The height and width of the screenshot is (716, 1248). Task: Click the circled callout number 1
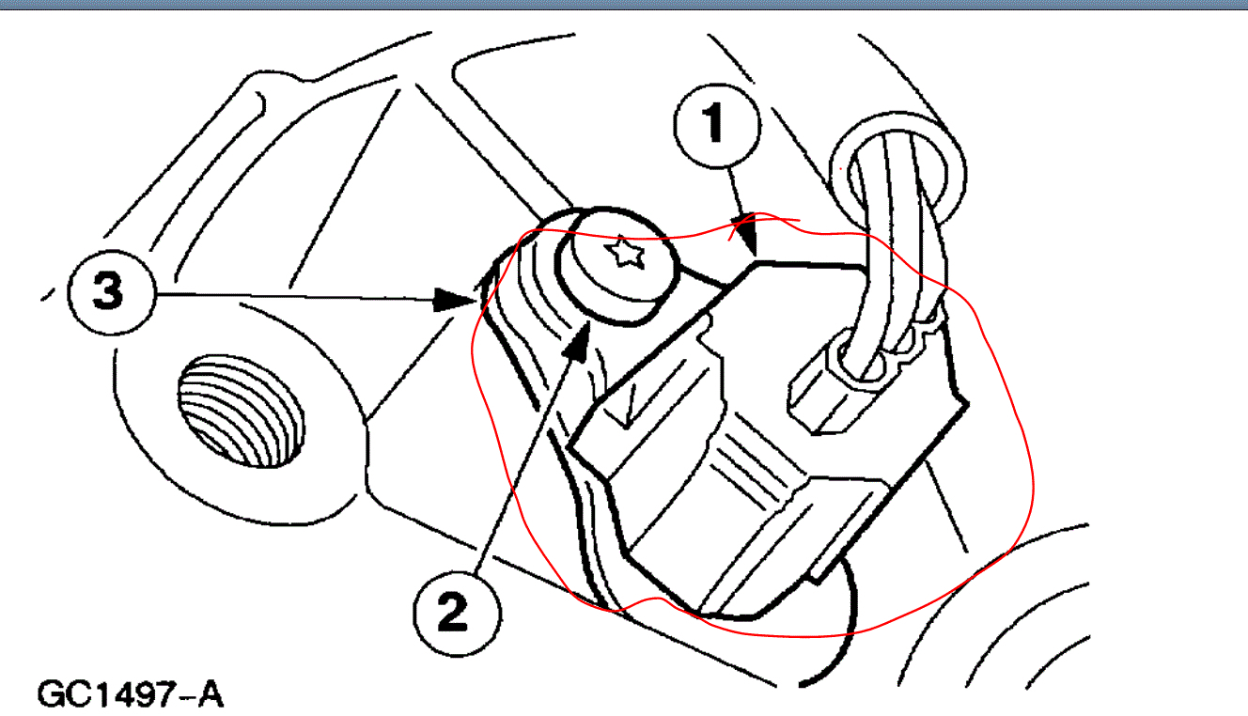[715, 123]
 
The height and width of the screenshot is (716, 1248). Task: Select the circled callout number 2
[457, 615]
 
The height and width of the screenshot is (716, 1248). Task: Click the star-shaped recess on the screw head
[621, 253]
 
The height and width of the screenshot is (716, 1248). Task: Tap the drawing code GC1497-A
[130, 695]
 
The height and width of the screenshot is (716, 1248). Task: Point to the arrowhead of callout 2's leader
[579, 334]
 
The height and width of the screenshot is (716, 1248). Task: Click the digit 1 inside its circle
[715, 123]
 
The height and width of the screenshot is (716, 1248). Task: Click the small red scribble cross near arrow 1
[745, 226]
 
